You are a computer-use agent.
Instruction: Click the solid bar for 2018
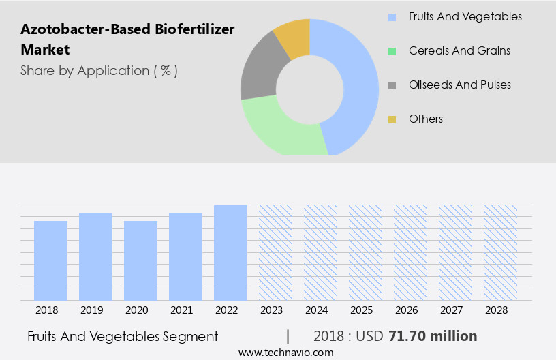(50, 260)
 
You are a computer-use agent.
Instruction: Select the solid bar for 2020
(140, 260)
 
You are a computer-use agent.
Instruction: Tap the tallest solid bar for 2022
(230, 252)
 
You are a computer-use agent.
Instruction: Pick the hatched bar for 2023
(275, 252)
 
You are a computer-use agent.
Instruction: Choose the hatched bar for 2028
(500, 252)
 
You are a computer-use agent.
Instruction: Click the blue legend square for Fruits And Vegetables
(392, 17)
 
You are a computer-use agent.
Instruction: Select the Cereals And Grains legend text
(459, 51)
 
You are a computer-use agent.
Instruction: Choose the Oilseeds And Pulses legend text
(459, 85)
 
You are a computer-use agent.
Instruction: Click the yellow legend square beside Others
(392, 119)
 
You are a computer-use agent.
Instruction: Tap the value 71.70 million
(433, 336)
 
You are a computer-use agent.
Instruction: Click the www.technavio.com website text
(285, 352)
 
